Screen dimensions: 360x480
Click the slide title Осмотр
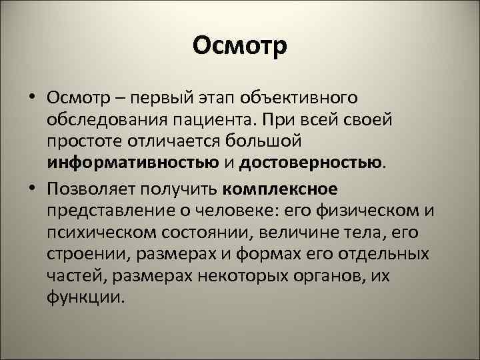click(239, 46)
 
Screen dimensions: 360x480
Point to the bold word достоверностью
click(311, 161)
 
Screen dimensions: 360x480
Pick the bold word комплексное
click(281, 189)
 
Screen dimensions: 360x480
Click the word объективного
click(303, 99)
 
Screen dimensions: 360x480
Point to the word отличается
click(173, 142)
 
